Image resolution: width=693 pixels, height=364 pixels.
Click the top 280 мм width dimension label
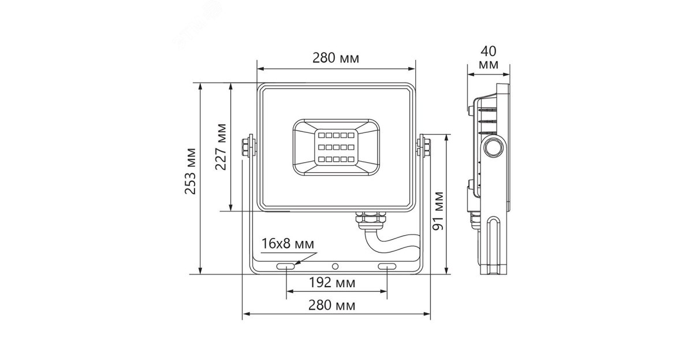pyautogui.click(x=336, y=58)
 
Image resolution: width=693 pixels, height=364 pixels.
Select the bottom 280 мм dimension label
pyautogui.click(x=336, y=305)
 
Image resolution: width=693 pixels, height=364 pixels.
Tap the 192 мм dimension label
pyautogui.click(x=336, y=283)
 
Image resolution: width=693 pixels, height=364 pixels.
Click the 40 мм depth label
pyautogui.click(x=489, y=58)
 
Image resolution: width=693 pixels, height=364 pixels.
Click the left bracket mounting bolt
pyautogui.click(x=249, y=146)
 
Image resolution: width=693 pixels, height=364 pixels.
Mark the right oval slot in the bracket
pyautogui.click(x=386, y=266)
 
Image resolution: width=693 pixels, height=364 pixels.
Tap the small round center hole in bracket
pyautogui.click(x=336, y=266)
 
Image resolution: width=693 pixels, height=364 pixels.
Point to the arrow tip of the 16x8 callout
pyautogui.click(x=295, y=264)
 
